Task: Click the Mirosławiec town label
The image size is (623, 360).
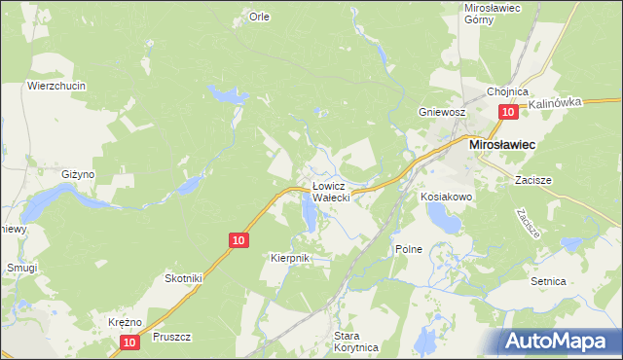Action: pos(506,143)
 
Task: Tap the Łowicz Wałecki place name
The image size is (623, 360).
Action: pos(338,191)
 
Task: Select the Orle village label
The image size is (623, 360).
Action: pos(259,17)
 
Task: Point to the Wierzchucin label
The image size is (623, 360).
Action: pos(56,86)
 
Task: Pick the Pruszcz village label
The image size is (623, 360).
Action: pos(171,338)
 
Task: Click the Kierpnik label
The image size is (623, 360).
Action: pos(289,258)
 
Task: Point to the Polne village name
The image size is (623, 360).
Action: pos(409,249)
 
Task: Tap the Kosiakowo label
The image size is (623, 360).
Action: pos(447,197)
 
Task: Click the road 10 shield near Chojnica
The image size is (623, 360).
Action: pos(507,113)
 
